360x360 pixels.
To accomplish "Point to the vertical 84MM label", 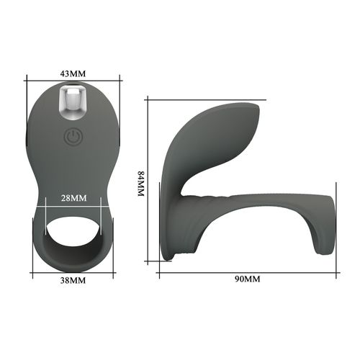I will [x=141, y=185].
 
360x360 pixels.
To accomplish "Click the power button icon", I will [x=72, y=137].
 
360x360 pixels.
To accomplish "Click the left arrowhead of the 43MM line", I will [x=30, y=80].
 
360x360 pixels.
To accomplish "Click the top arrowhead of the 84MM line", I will [x=148, y=100].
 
